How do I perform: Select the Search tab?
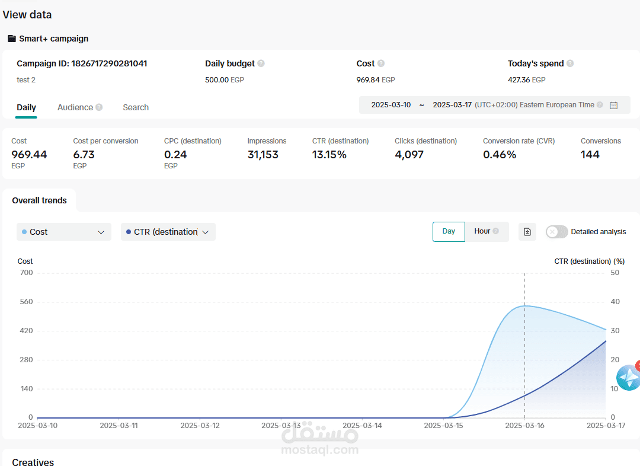(x=136, y=107)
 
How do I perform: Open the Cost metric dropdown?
(x=63, y=232)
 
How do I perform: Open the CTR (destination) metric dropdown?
(x=168, y=232)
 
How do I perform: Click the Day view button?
(x=449, y=232)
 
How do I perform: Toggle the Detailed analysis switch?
(x=556, y=232)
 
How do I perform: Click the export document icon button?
(x=527, y=232)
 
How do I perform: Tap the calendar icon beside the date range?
(x=613, y=106)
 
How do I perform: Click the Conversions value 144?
(x=590, y=155)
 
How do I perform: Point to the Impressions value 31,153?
(x=263, y=155)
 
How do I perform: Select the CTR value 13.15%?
(x=329, y=155)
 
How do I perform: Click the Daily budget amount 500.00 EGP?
(x=225, y=80)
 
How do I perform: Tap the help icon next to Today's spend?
(x=570, y=63)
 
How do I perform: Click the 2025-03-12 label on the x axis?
(x=200, y=426)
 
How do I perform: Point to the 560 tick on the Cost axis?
(x=26, y=302)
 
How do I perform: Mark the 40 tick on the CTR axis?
(x=615, y=302)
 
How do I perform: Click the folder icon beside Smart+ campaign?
(x=12, y=39)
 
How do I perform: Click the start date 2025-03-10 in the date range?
(x=391, y=105)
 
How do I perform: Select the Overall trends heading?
(x=39, y=200)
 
